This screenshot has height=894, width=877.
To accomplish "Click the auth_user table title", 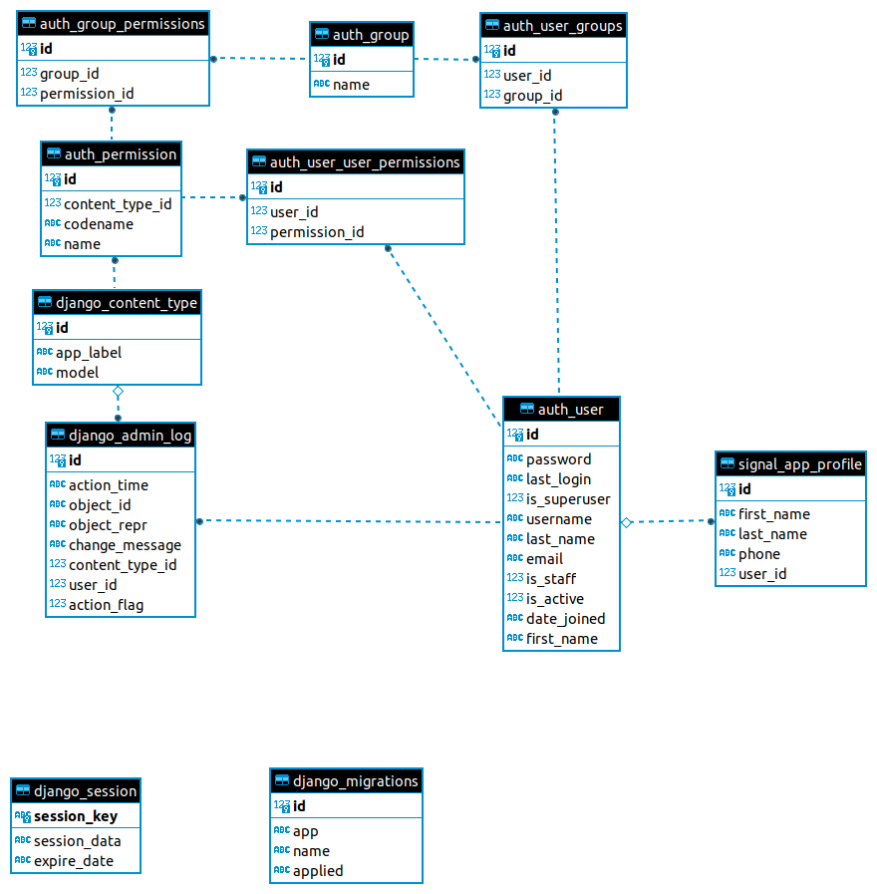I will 570,410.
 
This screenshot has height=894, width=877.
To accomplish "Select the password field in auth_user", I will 558,459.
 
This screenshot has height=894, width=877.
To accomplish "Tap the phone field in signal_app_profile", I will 758,554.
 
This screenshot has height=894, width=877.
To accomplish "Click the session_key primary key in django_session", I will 76,816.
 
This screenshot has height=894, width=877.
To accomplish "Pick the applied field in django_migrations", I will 318,871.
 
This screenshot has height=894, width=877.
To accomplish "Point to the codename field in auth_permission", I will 98,224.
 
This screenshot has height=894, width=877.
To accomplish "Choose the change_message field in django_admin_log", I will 125,545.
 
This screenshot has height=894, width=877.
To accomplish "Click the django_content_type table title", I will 127,303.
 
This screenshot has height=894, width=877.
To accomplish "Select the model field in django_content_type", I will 77,373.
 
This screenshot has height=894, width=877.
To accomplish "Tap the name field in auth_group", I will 351,85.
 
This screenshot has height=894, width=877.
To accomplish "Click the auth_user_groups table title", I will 562,26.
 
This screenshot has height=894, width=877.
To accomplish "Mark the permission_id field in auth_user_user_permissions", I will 317,232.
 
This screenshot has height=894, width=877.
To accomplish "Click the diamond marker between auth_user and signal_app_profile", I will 627,522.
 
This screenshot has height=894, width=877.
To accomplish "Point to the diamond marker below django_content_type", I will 118,392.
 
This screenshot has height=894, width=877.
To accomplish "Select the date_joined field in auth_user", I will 565,619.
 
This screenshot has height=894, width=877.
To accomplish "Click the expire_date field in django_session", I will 74,861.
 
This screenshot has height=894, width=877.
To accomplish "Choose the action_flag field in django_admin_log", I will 106,605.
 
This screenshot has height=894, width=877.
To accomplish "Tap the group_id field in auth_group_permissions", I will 69,74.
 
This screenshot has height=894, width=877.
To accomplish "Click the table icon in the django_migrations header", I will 282,781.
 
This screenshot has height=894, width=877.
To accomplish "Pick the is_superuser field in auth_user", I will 568,499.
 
